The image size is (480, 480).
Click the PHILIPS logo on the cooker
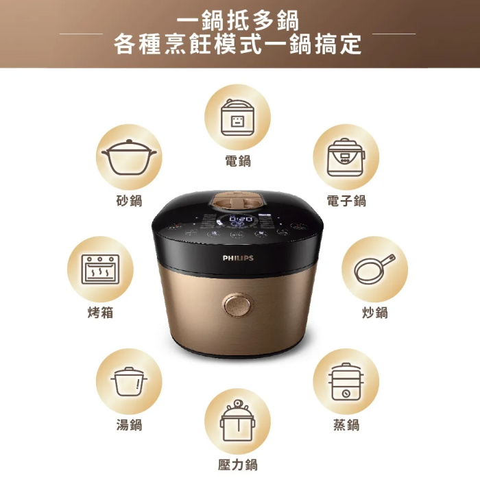tap(238, 259)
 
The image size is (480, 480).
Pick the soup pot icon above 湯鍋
tap(129, 381)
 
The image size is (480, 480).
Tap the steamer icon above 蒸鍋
tap(346, 381)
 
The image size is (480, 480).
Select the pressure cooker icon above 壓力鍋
tap(238, 421)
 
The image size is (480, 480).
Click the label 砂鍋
tap(129, 200)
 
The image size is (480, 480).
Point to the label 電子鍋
tap(346, 200)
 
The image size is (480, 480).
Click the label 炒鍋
tap(375, 313)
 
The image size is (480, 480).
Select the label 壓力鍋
tap(238, 464)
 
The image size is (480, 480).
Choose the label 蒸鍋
tap(346, 425)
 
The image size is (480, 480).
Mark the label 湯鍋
tap(129, 425)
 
